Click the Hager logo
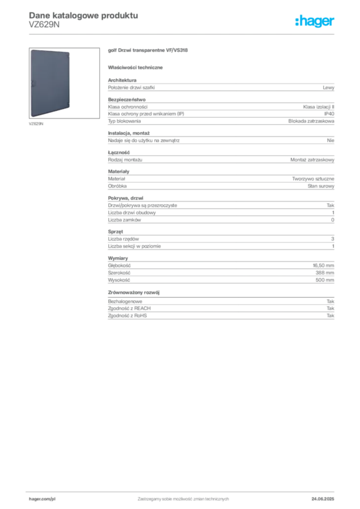click(x=314, y=21)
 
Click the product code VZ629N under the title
click(x=44, y=25)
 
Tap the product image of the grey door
click(x=50, y=83)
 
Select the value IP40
click(x=329, y=114)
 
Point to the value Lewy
click(x=328, y=87)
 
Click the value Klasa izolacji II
click(x=318, y=107)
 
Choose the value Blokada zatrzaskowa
click(x=311, y=121)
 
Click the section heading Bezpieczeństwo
click(x=127, y=99)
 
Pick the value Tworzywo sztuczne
click(x=313, y=179)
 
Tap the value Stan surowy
click(x=321, y=186)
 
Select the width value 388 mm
click(x=325, y=273)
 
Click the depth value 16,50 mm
click(x=323, y=265)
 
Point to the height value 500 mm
click(x=325, y=280)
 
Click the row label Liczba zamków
click(x=124, y=220)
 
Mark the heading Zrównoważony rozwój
click(x=134, y=292)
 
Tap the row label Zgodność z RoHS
click(x=127, y=316)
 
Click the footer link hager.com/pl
click(x=42, y=499)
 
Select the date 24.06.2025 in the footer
click(x=323, y=499)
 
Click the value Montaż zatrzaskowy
click(x=312, y=160)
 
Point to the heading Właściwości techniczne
click(x=135, y=68)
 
